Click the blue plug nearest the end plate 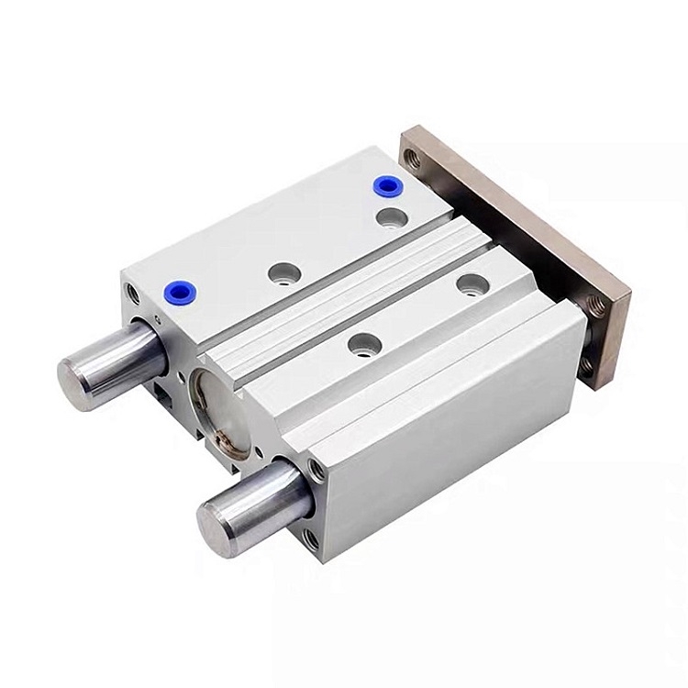coord(386,187)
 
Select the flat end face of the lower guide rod coord(218,520)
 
